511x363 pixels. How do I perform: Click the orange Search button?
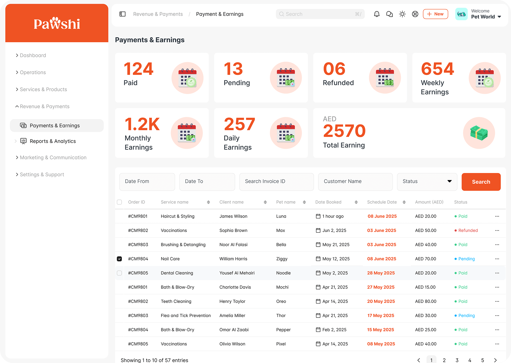481,182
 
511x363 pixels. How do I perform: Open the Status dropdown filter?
427,181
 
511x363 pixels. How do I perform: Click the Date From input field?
147,181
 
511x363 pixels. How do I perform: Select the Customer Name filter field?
355,181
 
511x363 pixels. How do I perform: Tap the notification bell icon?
377,14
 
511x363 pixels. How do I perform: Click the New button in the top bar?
435,14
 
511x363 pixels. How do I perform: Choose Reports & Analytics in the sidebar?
53,141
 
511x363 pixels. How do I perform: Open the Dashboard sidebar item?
33,55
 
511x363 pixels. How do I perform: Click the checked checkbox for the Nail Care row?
119,259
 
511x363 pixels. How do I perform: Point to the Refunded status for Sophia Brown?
468,230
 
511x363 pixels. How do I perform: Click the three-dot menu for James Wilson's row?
497,216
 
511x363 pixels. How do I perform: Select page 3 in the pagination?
457,360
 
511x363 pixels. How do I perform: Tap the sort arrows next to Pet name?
304,202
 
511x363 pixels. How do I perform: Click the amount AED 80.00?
426,301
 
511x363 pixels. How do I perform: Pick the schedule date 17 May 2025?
381,315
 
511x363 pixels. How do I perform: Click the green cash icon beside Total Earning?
479,133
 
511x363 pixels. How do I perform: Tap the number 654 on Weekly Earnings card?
437,69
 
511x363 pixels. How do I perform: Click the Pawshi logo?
57,23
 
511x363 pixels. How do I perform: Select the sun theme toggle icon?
402,14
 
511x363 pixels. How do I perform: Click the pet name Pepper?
283,330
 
